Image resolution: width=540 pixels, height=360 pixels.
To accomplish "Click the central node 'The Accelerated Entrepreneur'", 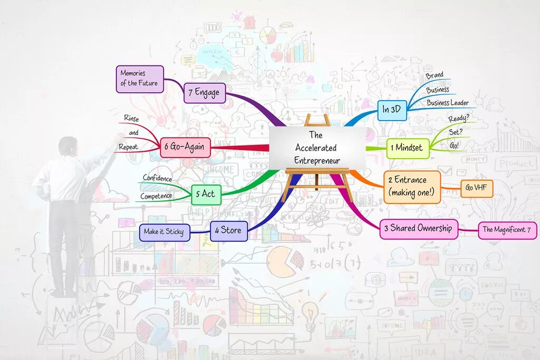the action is [316, 148].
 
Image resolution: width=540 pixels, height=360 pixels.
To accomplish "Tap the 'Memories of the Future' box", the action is [139, 79].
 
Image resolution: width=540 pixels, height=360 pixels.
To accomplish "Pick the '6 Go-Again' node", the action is [185, 148].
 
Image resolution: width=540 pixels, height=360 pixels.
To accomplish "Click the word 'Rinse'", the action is [131, 119].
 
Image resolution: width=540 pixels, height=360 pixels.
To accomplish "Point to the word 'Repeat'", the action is [128, 147].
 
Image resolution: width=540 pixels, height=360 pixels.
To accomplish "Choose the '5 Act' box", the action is [206, 194].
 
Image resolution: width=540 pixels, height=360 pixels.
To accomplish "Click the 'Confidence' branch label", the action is [157, 179].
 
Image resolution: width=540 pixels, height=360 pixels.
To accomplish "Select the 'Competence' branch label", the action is [156, 196].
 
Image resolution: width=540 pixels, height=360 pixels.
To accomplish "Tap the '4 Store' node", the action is [228, 230].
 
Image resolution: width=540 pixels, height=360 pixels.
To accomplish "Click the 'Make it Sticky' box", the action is [164, 231].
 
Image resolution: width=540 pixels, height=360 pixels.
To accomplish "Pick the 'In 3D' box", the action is [392, 110].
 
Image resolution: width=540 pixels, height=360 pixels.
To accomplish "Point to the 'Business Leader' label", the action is [447, 103].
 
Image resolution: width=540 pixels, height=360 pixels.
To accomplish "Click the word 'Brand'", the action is [435, 75].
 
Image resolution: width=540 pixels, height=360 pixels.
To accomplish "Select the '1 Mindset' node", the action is [407, 148].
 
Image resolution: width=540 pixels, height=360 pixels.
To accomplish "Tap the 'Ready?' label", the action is [458, 119].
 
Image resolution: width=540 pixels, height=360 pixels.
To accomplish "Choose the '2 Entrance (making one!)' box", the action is [411, 187].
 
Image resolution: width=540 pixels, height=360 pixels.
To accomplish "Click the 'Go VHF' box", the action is [476, 188].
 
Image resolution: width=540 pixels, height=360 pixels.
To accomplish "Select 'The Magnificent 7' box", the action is [507, 230].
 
